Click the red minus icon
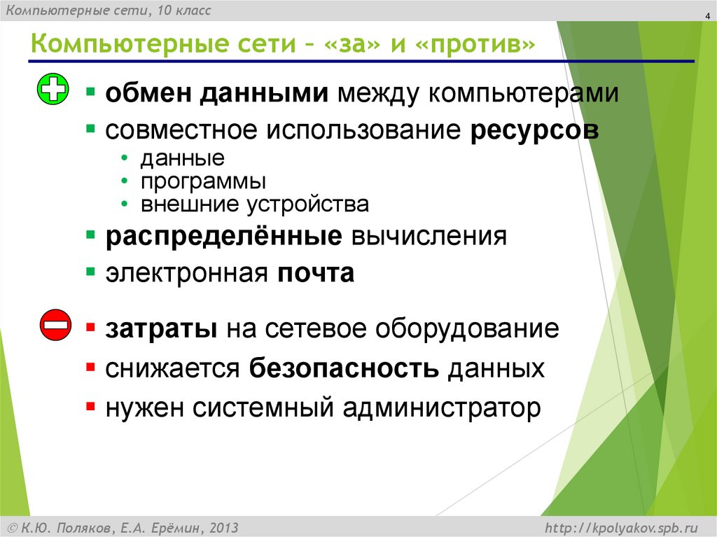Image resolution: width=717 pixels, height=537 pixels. (54, 325)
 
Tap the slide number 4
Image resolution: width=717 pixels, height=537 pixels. (698, 18)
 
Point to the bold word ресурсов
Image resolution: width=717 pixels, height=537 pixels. (534, 130)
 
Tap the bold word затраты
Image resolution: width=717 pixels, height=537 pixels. (161, 329)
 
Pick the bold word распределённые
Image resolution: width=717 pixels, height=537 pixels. (223, 236)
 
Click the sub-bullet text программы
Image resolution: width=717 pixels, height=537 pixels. (203, 181)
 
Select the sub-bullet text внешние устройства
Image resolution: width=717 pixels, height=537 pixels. (254, 204)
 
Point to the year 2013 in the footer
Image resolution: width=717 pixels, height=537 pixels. (223, 526)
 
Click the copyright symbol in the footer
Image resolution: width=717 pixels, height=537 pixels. (12, 526)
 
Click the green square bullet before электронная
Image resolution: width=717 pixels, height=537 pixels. (90, 272)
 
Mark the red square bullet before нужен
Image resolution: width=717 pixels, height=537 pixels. (90, 405)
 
